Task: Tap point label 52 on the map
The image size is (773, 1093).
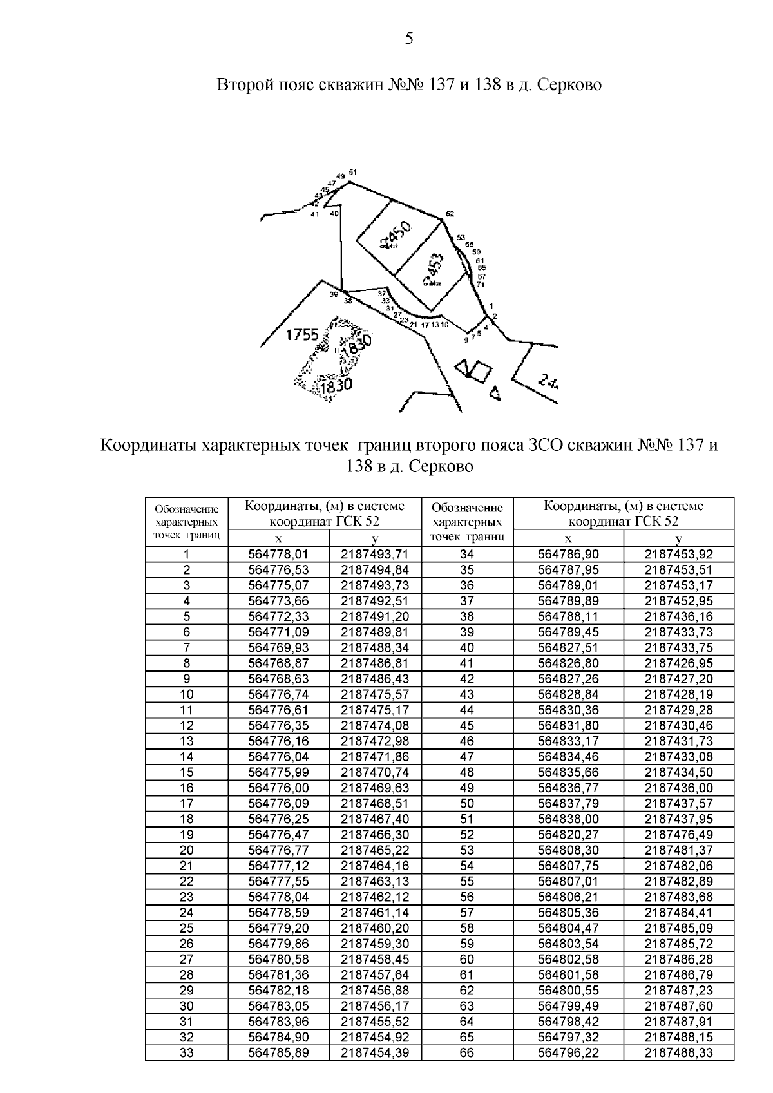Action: (x=450, y=214)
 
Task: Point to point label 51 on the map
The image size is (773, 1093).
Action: (x=352, y=172)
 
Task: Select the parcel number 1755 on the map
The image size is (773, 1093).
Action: (x=303, y=335)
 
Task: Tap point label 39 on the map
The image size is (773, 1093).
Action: (x=333, y=294)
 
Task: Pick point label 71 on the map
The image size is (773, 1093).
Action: (x=480, y=284)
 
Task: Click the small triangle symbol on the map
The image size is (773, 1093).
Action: (x=495, y=392)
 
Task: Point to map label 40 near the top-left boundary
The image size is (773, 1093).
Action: (x=334, y=214)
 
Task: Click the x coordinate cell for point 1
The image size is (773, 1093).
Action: (x=278, y=555)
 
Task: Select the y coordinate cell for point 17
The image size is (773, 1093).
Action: (x=374, y=804)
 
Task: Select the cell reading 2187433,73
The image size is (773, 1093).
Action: (x=678, y=632)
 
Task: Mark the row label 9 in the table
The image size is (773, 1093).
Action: (x=186, y=679)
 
